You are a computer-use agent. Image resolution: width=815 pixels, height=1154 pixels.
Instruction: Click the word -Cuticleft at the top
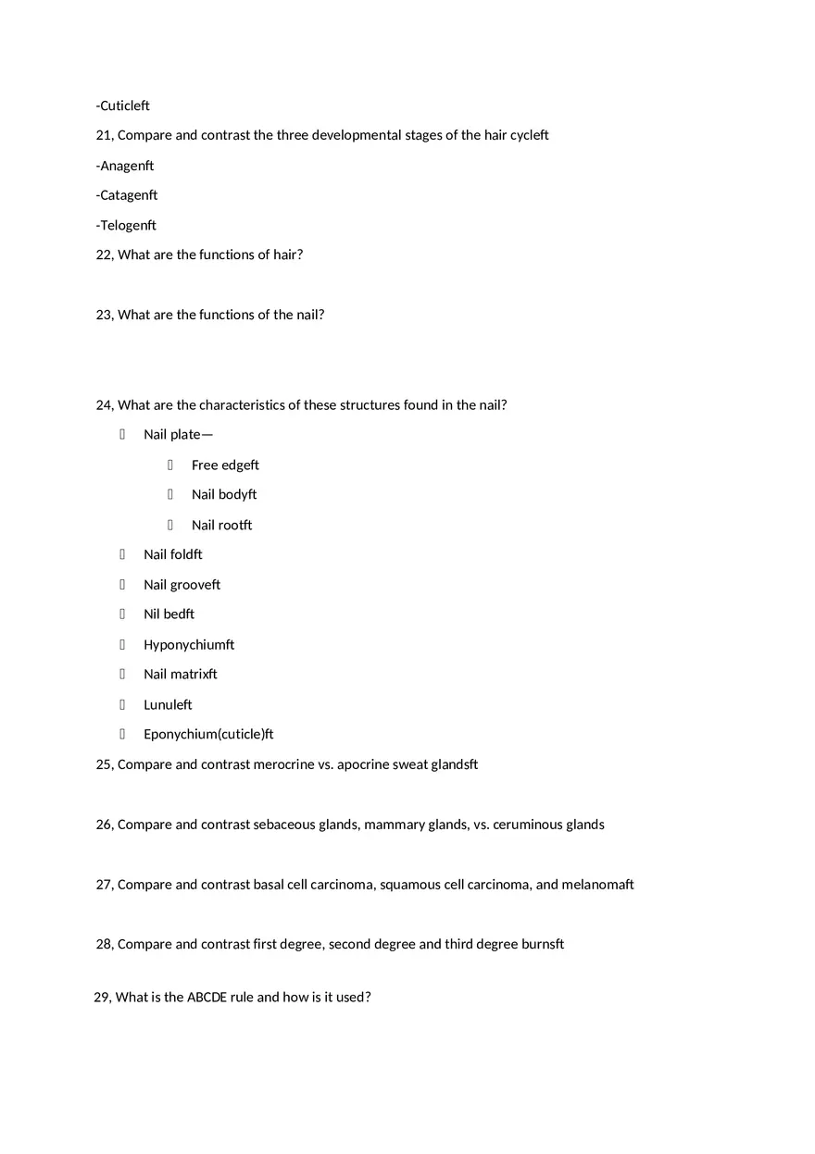[x=122, y=105]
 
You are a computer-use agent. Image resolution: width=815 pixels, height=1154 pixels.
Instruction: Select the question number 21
[x=104, y=135]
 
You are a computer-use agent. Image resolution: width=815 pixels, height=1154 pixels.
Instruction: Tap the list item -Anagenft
[x=125, y=166]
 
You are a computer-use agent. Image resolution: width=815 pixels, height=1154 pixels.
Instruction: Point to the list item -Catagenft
[x=127, y=195]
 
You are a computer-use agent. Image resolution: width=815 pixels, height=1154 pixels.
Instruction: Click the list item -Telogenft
[x=126, y=225]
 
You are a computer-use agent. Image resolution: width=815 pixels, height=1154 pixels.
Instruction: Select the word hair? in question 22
[x=288, y=254]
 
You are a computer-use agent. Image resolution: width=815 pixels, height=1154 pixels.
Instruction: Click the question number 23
[x=104, y=315]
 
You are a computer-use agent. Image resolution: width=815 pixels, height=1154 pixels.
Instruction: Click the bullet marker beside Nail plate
[x=122, y=434]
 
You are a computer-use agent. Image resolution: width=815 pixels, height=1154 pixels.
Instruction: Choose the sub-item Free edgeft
[x=225, y=465]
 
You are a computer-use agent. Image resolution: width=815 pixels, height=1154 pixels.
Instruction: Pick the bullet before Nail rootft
[x=170, y=525]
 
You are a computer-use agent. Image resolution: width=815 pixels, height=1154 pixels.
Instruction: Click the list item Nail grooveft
[x=182, y=585]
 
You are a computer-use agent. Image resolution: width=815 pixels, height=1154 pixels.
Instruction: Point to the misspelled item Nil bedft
[x=169, y=614]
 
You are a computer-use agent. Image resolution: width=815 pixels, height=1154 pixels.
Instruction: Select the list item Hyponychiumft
[x=189, y=644]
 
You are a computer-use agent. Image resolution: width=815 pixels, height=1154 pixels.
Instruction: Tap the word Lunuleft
[x=168, y=704]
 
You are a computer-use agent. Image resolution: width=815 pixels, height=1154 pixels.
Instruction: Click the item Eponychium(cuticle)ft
[x=208, y=734]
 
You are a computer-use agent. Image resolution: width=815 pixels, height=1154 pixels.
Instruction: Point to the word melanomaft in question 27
[x=598, y=885]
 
